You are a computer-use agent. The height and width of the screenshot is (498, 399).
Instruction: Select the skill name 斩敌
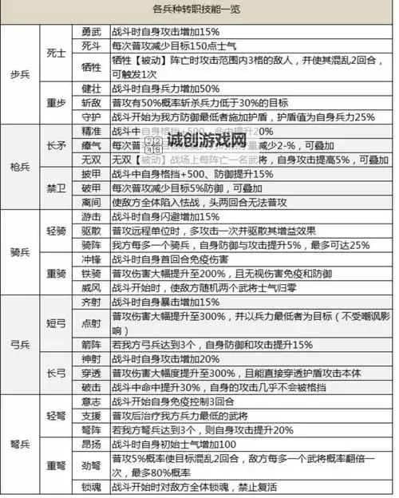point(91,102)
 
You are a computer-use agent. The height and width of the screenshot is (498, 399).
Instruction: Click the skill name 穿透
point(91,373)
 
